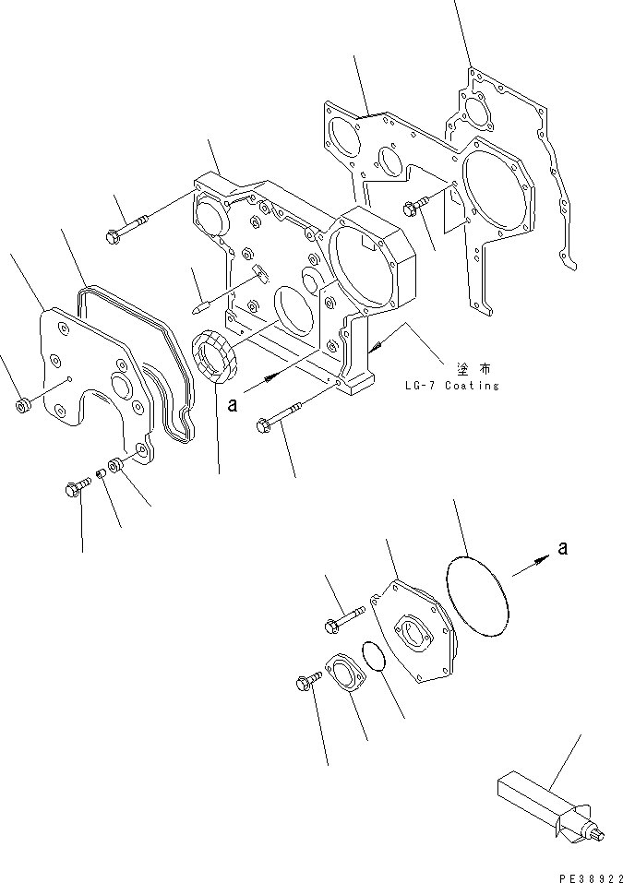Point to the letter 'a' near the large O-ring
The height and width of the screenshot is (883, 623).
pyautogui.click(x=562, y=549)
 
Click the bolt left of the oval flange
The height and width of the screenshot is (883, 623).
pyautogui.click(x=306, y=680)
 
